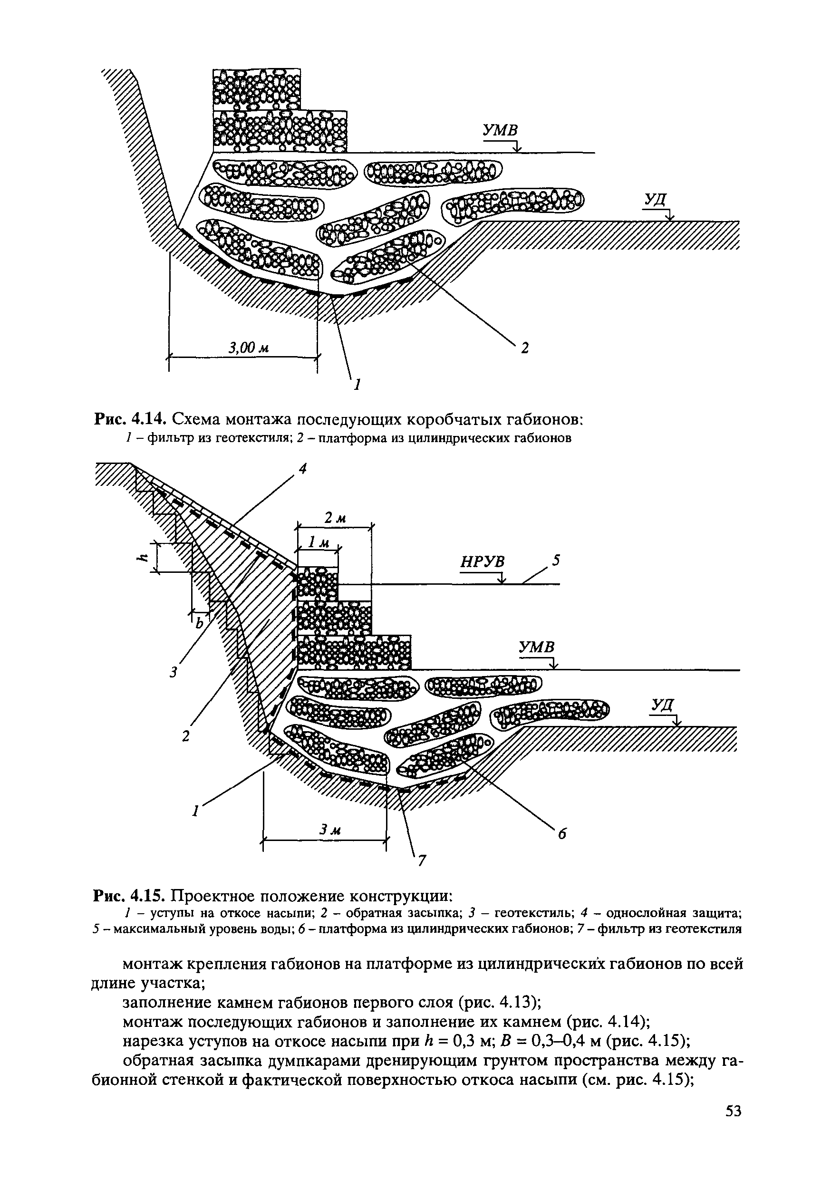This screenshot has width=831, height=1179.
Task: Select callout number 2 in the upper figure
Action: click(525, 348)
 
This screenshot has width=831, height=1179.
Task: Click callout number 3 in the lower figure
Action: click(174, 672)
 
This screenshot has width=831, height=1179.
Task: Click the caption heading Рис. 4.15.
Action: click(129, 897)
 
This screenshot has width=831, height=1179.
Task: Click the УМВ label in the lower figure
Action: click(537, 647)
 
